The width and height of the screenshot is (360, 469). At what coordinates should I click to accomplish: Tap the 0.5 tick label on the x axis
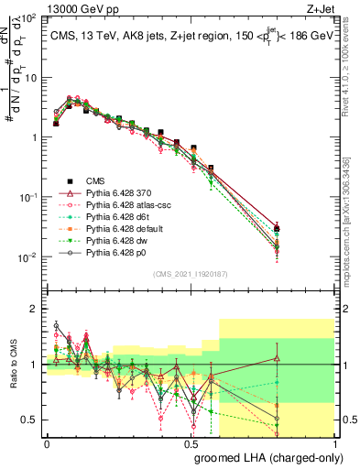coord(191,444)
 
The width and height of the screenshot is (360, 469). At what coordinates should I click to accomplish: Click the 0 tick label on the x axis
coord(47,444)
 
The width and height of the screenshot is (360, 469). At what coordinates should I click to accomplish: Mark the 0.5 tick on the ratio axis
coord(28,420)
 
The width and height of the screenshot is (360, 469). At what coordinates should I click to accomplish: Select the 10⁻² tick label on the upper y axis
coord(27,257)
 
